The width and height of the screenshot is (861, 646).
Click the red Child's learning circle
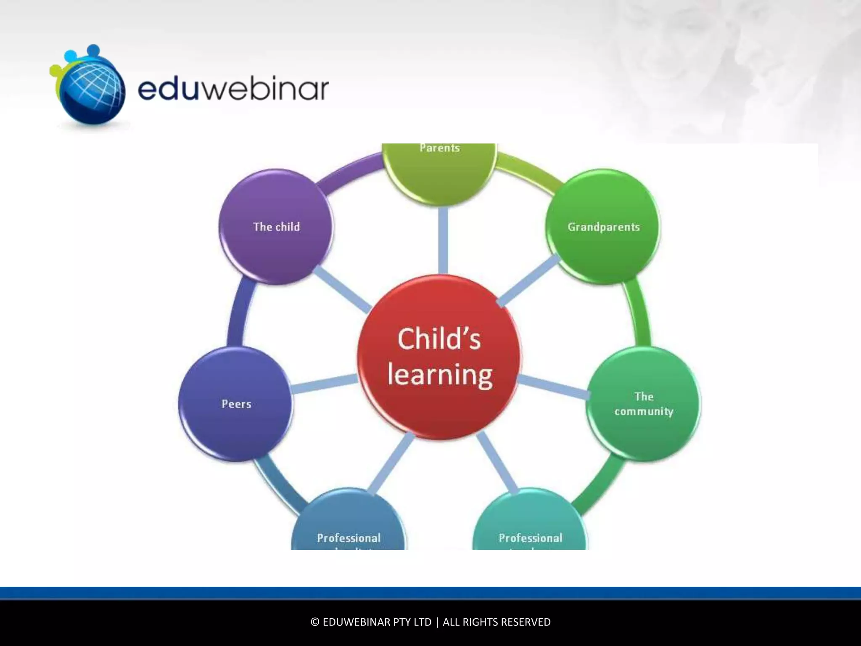click(x=439, y=357)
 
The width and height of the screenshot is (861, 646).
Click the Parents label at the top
click(x=440, y=148)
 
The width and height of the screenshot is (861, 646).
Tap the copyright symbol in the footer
click(x=315, y=622)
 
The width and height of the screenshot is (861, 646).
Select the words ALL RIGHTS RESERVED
click(x=497, y=622)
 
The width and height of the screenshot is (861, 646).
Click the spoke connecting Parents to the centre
click(x=443, y=240)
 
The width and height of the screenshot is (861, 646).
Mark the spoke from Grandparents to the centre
click(x=529, y=280)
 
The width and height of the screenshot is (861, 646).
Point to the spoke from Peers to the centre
click(x=324, y=384)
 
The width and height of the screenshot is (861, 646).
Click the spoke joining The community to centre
click(x=553, y=387)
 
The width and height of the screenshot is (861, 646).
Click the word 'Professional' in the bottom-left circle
click(x=349, y=538)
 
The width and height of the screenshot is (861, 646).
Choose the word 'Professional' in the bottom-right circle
click(x=531, y=538)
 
